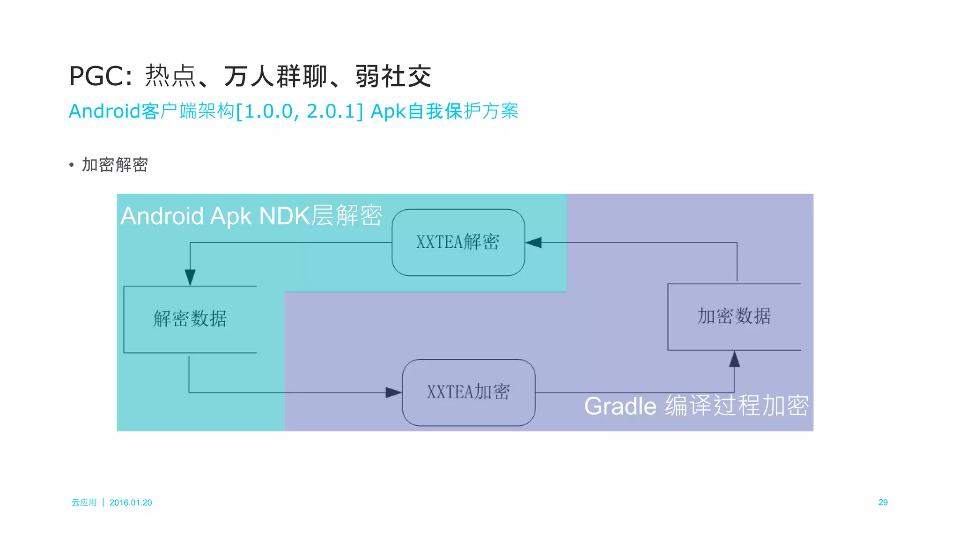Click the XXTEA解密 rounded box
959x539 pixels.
[458, 242]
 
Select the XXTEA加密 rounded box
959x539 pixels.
[468, 392]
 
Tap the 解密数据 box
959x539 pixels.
[190, 319]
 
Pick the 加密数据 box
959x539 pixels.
[734, 317]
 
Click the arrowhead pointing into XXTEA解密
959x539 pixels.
[533, 243]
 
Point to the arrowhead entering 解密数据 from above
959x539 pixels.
[190, 277]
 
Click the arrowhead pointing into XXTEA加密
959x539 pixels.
[393, 392]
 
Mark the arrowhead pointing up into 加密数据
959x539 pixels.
[734, 359]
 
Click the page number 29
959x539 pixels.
[883, 502]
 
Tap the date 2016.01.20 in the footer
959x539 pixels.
[131, 502]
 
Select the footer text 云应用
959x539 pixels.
[84, 502]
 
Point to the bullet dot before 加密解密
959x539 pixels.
[71, 165]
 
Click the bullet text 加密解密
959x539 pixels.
[115, 165]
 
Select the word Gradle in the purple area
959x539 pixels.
[620, 406]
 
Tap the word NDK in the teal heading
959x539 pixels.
[284, 216]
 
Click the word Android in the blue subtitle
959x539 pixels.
[104, 111]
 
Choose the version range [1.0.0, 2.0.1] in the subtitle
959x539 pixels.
[300, 111]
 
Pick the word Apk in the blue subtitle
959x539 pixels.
[388, 111]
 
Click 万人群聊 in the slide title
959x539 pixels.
[275, 76]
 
